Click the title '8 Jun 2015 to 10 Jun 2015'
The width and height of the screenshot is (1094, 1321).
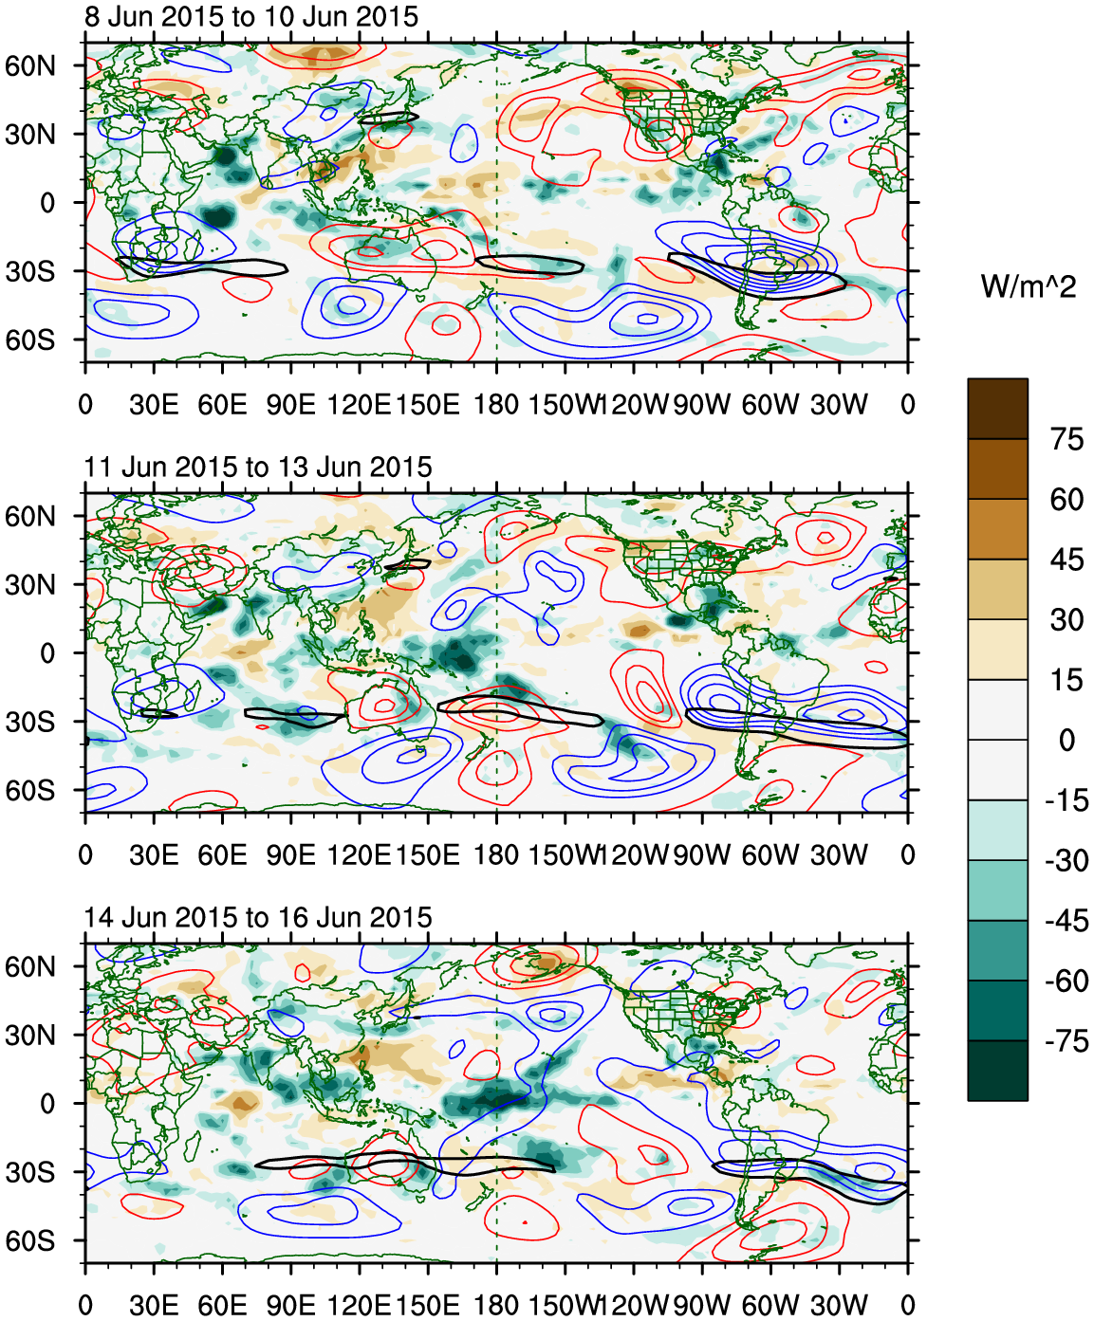[250, 16]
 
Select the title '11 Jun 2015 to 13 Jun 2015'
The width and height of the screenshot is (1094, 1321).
[257, 467]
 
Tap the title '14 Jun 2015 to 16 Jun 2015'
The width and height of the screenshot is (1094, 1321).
[257, 917]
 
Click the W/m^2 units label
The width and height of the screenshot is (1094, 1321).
[1029, 285]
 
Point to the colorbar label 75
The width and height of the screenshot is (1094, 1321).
[1066, 439]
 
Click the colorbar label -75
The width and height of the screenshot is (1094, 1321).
[1066, 1041]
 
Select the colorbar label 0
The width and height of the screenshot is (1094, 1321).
[1066, 740]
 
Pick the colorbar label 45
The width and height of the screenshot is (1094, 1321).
[1066, 560]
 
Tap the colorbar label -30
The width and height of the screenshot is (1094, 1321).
[1066, 860]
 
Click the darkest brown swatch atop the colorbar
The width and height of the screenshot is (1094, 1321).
[997, 409]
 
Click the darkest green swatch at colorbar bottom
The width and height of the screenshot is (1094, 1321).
[997, 1071]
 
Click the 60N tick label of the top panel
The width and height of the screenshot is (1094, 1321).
[30, 65]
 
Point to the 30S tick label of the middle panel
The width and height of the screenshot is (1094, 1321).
[30, 722]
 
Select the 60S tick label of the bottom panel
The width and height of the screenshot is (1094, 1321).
[30, 1241]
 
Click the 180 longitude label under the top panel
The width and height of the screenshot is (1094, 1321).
[496, 405]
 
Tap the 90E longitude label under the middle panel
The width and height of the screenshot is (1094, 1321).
[290, 855]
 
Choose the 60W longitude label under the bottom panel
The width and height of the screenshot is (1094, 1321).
[770, 1306]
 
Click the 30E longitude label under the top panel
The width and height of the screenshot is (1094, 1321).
[154, 405]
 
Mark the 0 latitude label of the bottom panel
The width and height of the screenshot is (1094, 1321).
[47, 1104]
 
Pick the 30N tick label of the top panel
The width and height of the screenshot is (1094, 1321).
[30, 134]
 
